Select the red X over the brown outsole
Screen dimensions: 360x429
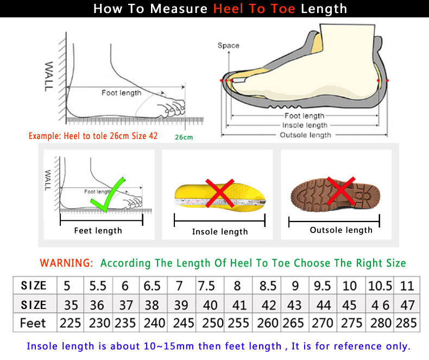tap(340, 192)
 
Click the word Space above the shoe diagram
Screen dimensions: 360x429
tap(228, 46)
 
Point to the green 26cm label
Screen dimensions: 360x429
tap(184, 137)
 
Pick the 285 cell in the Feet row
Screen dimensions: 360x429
tap(406, 323)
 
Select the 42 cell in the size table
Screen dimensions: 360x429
tap(268, 304)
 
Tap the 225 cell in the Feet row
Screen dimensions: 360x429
tap(70, 323)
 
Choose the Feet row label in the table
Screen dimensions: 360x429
tap(33, 323)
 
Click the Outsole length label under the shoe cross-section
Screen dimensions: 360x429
tap(305, 135)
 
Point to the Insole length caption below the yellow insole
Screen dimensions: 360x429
tap(219, 232)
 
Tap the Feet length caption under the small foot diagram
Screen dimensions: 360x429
tap(98, 231)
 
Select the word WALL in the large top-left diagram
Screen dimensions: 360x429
tap(49, 76)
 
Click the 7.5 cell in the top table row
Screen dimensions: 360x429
tap(206, 286)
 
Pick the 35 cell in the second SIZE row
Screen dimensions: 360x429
tap(70, 304)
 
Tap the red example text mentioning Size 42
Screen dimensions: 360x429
tap(93, 136)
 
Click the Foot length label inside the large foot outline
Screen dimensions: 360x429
tap(121, 93)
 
